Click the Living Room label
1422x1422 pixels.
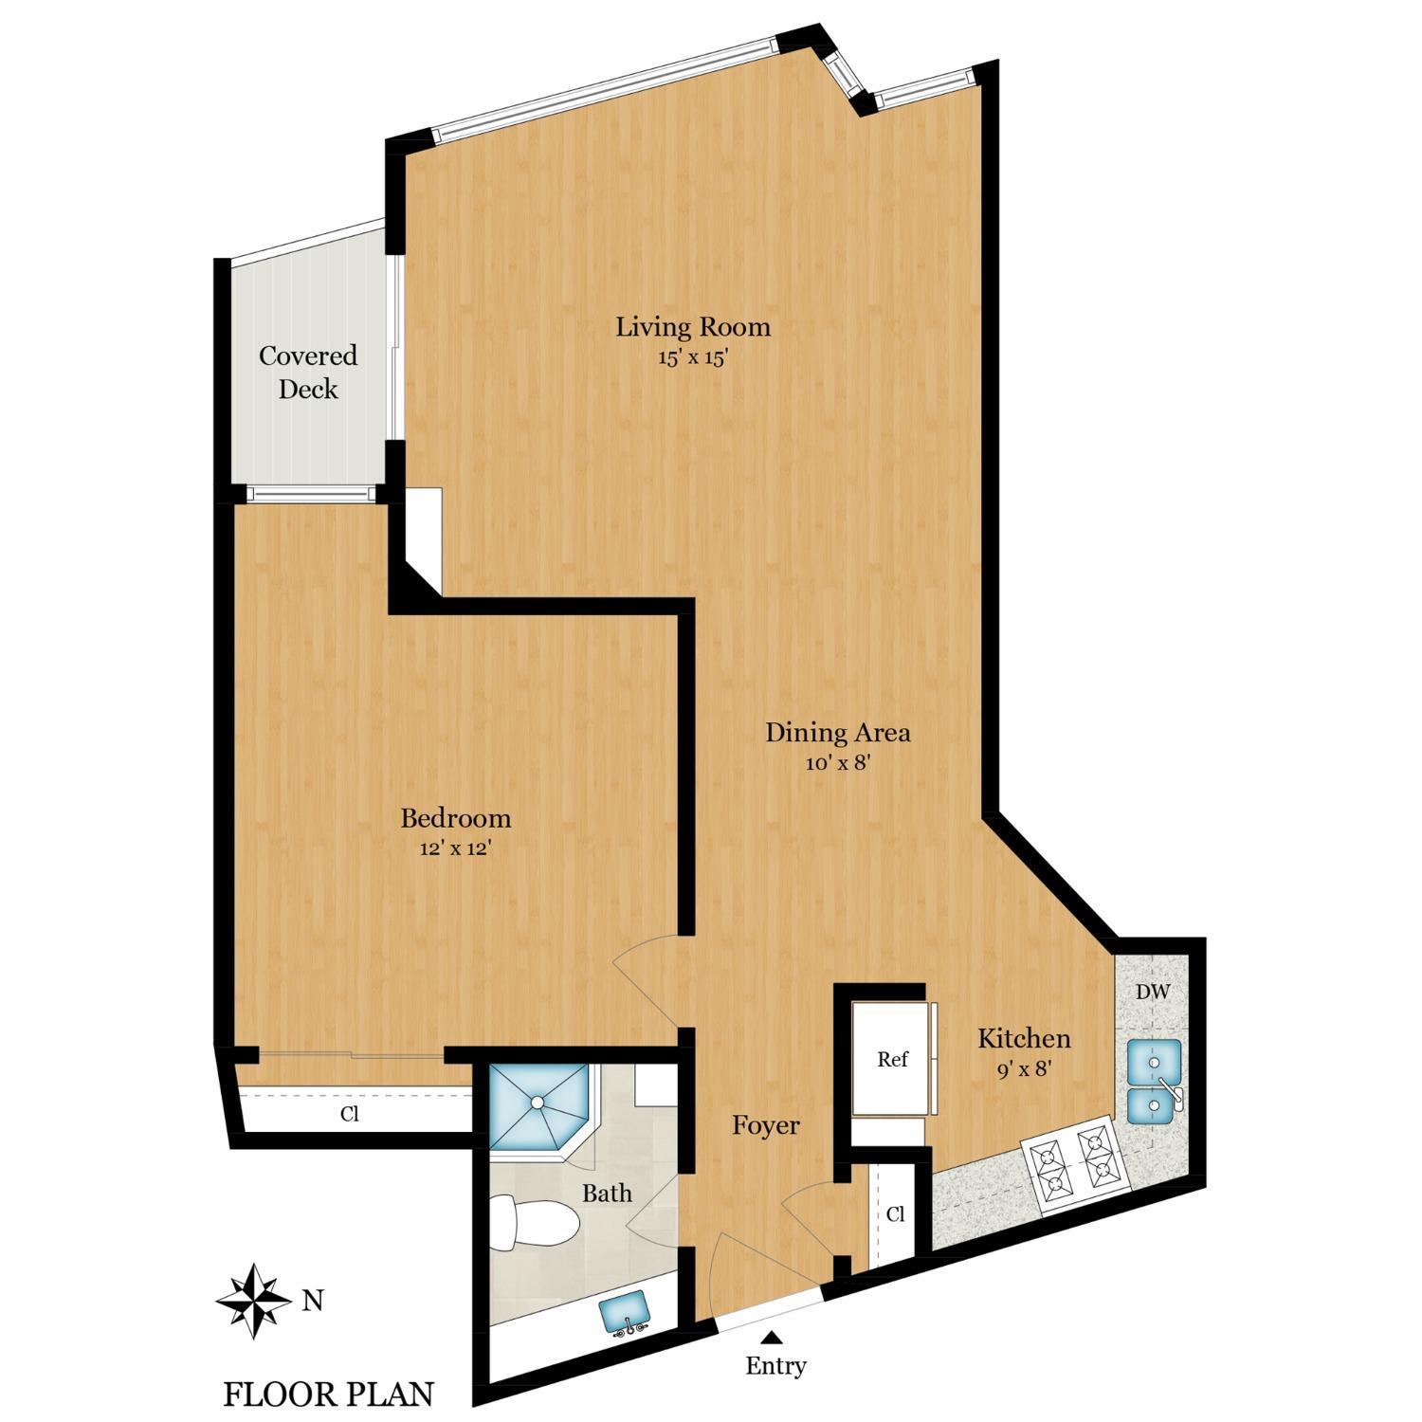coord(693,328)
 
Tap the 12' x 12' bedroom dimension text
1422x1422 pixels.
coord(455,849)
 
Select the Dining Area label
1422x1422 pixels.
coord(838,733)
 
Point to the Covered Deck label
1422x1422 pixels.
coord(308,373)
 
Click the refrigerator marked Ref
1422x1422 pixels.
coord(892,1059)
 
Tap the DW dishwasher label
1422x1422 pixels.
coord(1153,993)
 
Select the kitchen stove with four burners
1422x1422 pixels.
coord(1074,1165)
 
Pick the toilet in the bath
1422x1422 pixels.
coord(534,1224)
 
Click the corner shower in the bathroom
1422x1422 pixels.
coord(538,1103)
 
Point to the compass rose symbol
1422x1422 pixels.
coord(253,1301)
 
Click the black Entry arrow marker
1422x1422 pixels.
coord(774,1338)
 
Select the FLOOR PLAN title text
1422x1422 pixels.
coord(328,1395)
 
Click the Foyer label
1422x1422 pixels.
coord(766,1126)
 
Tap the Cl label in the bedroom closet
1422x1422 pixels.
coord(350,1114)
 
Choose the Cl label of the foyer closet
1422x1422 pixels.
coord(895,1214)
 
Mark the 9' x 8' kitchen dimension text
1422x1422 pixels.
coord(1024,1069)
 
